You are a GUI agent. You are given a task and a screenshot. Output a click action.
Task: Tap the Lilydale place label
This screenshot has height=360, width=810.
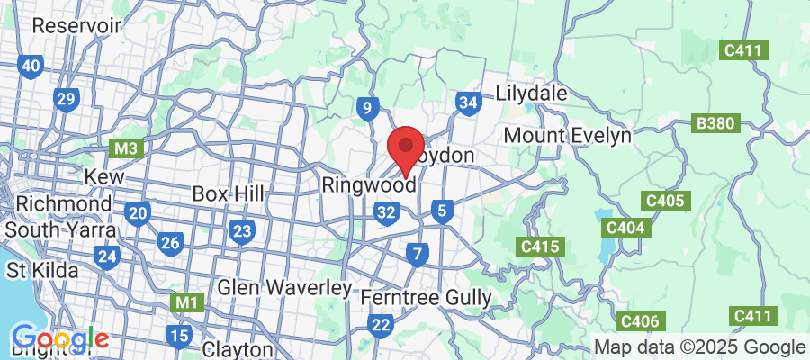tap(531, 94)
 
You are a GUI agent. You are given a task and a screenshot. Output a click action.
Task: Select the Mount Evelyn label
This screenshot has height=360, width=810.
tap(567, 135)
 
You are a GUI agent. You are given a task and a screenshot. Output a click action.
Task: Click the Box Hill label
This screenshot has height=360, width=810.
tap(229, 193)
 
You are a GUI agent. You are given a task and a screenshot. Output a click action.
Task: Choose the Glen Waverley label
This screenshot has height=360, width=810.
tap(284, 288)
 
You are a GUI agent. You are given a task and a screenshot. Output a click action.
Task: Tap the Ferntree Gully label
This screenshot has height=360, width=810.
tap(426, 296)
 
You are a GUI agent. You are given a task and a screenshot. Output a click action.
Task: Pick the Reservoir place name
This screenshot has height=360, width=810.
tap(76, 25)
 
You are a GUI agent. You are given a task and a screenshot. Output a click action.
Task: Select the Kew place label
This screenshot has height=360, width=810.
tap(103, 177)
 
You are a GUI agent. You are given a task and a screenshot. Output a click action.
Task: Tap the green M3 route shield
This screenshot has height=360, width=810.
tap(124, 146)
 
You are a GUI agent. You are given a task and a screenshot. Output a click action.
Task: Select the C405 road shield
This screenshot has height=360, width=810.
tap(665, 201)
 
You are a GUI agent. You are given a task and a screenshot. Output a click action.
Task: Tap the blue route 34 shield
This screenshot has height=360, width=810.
tap(467, 103)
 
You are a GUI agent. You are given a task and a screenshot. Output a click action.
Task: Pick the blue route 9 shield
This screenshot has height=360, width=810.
tap(365, 110)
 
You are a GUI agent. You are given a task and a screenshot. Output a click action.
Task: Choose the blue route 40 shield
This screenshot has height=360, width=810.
tap(31, 66)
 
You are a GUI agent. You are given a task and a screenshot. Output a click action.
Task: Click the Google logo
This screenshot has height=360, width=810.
tap(60, 340)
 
